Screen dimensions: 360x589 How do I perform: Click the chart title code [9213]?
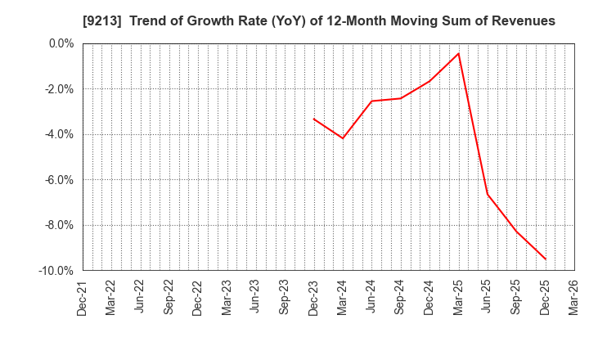click(x=100, y=21)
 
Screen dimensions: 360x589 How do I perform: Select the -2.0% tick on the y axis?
click(x=58, y=89)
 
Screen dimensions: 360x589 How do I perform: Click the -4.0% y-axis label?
click(x=58, y=134)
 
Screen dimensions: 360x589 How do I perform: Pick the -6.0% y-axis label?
click(x=58, y=180)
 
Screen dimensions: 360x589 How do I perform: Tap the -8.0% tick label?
click(x=58, y=225)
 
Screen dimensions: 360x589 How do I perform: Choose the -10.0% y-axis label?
click(x=55, y=271)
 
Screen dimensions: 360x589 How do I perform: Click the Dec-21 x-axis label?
click(x=83, y=298)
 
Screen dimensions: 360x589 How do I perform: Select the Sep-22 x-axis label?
click(x=169, y=298)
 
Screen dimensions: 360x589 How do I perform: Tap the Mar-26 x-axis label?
click(x=574, y=298)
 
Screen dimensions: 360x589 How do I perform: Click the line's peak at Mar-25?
click(x=458, y=54)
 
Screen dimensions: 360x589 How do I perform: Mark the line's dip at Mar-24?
click(x=343, y=138)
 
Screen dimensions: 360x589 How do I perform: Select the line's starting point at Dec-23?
click(x=314, y=119)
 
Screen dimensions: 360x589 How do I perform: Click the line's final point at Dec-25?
click(x=546, y=259)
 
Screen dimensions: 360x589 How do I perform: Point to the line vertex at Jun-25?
click(x=488, y=194)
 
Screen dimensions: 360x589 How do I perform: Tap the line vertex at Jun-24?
click(x=371, y=101)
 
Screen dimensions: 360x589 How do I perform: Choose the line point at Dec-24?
click(x=429, y=81)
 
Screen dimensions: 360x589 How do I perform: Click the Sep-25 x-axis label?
click(x=516, y=298)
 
